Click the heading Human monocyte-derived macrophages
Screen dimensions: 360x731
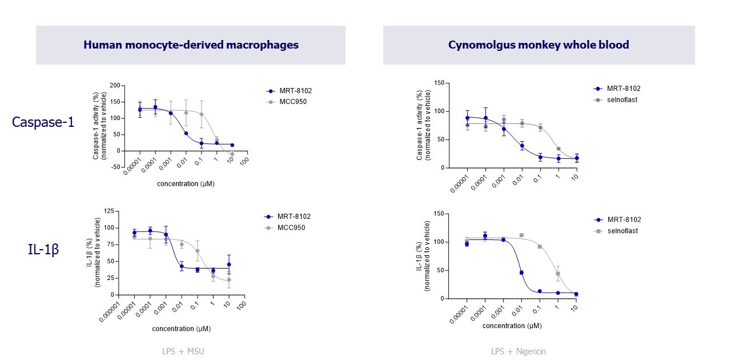[191, 45]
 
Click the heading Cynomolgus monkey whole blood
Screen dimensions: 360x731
[539, 45]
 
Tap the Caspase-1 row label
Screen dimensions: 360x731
[43, 122]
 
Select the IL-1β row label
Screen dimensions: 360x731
[43, 249]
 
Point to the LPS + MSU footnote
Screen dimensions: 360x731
[183, 351]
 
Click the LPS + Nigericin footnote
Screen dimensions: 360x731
[519, 351]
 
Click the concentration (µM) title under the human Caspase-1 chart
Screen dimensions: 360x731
[186, 184]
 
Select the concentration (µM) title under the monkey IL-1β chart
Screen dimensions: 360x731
[512, 325]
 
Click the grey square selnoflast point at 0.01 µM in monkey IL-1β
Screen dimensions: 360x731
[521, 235]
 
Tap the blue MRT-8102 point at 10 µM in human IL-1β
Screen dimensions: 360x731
[228, 265]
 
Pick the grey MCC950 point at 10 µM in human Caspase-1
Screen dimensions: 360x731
[232, 154]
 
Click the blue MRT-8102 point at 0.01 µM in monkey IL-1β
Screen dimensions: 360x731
[521, 273]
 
